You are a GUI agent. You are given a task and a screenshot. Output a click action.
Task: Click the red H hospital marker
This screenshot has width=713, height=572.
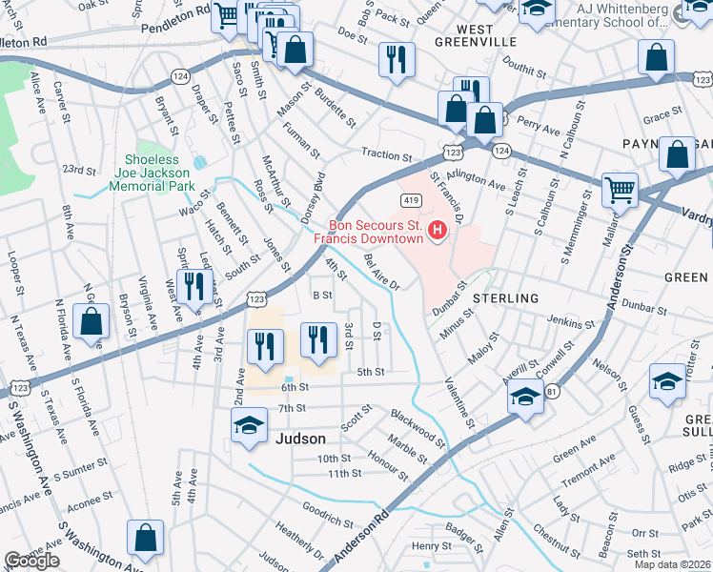pyautogui.click(x=438, y=230)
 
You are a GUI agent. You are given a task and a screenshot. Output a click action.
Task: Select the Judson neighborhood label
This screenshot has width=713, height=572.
pyautogui.click(x=300, y=439)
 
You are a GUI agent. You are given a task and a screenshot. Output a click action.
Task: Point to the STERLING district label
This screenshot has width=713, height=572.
pyautogui.click(x=506, y=298)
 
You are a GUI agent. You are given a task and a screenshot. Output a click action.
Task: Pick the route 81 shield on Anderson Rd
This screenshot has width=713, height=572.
pyautogui.click(x=551, y=392)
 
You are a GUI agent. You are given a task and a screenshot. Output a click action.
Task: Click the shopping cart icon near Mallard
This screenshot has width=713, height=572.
pyautogui.click(x=620, y=189)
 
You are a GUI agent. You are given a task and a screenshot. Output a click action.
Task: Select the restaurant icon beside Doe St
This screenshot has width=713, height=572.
pyautogui.click(x=396, y=58)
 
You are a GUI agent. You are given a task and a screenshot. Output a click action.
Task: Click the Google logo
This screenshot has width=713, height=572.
pyautogui.click(x=31, y=561)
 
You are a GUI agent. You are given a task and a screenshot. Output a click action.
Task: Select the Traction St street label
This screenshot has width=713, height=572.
pyautogui.click(x=385, y=154)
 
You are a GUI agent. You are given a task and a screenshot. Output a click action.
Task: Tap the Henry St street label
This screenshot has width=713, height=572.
pyautogui.click(x=431, y=546)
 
